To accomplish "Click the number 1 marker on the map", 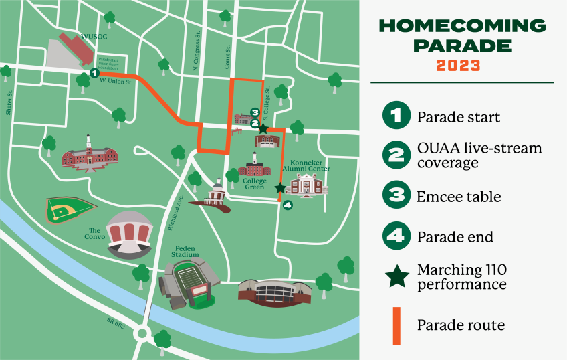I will (94, 72).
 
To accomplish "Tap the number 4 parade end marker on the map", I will (288, 205).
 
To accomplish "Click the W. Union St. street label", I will (116, 82).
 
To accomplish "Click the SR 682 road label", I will (116, 323).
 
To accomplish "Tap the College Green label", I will (254, 184).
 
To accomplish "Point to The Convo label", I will (93, 234).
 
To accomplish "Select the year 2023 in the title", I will (458, 65).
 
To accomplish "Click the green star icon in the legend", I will (396, 276).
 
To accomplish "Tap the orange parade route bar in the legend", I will (396, 325).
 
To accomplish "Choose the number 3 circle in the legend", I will (396, 196).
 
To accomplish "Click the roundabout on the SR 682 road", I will (142, 333).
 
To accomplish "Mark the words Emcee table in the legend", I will (459, 197).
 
